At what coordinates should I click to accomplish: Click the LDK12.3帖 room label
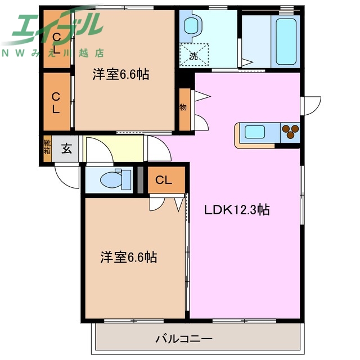(x=236, y=210)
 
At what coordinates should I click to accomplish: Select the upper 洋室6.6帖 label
(x=120, y=74)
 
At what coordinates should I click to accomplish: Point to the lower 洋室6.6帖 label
(x=128, y=258)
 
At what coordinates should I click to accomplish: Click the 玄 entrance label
(x=66, y=149)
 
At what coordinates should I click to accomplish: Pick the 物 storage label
(x=183, y=107)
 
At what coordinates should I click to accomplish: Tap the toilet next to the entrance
(x=112, y=179)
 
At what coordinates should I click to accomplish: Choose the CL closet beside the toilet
(x=164, y=180)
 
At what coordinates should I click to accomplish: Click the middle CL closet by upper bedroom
(x=56, y=102)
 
